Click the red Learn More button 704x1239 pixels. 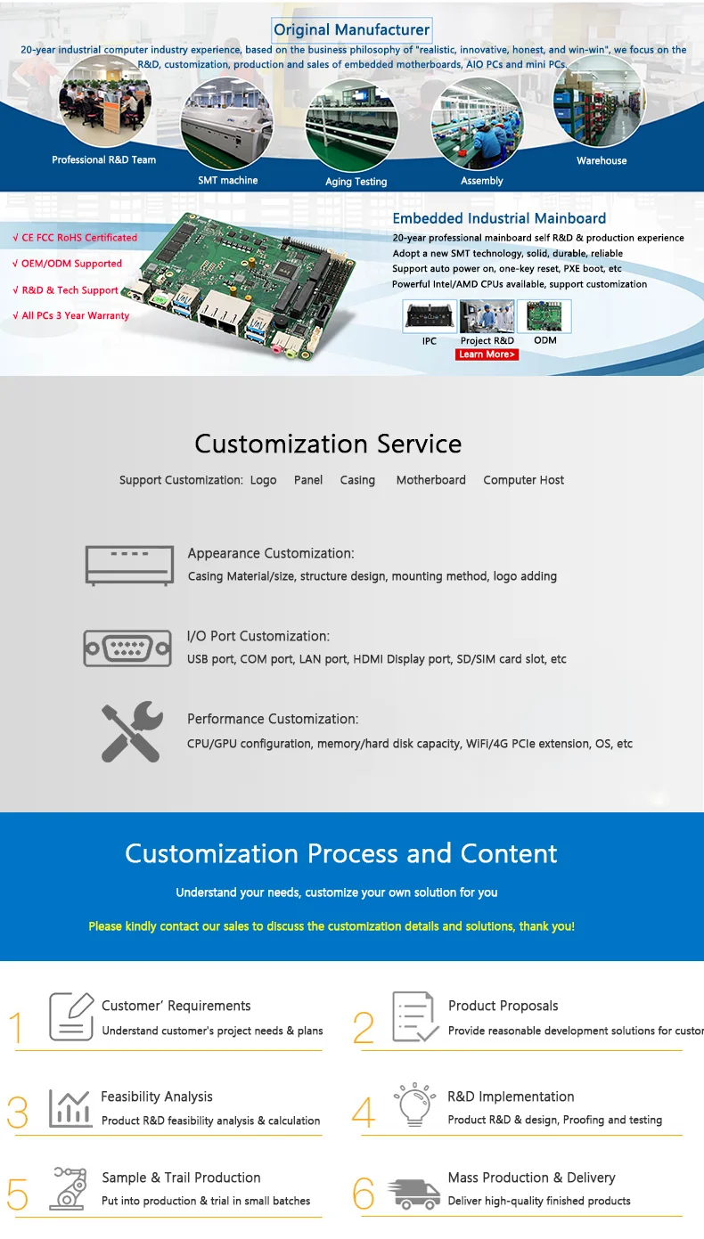point(487,355)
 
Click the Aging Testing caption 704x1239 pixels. point(356,182)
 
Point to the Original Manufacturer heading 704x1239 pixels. point(351,29)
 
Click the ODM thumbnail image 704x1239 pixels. point(544,317)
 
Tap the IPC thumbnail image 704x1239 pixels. point(429,317)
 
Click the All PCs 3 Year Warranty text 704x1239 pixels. point(71,315)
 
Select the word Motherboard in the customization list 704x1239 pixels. point(431,480)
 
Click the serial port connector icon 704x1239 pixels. point(127,648)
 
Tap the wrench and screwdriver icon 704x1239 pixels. point(131,731)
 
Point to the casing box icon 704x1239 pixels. point(128,565)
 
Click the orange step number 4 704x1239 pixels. point(363,1112)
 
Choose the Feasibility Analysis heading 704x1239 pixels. point(157,1096)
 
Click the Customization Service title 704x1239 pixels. point(328,444)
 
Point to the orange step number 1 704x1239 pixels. point(16,1028)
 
